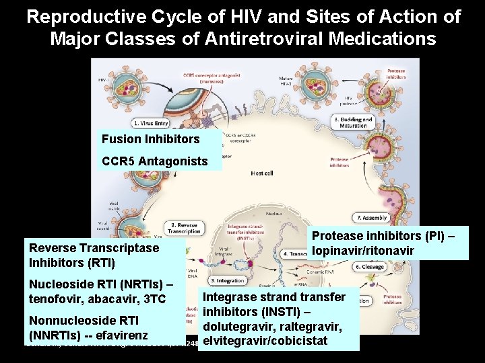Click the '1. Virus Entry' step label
pyautogui.click(x=152, y=123)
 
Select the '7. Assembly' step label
pyautogui.click(x=372, y=218)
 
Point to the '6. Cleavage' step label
pyautogui.click(x=369, y=267)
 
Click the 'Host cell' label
pyautogui.click(x=261, y=173)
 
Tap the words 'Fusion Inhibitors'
pyautogui.click(x=150, y=139)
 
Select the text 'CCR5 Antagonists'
pyautogui.click(x=154, y=161)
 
